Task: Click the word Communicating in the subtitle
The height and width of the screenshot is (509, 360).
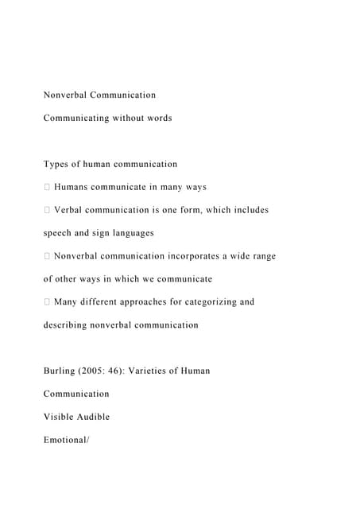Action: point(75,118)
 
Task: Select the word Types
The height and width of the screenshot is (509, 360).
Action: point(56,164)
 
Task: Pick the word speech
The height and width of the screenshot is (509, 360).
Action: point(58,233)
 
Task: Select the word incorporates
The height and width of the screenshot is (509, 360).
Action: point(201,256)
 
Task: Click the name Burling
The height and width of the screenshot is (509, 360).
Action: point(60,371)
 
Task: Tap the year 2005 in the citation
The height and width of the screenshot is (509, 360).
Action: point(98,371)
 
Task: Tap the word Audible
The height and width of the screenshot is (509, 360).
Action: point(93,417)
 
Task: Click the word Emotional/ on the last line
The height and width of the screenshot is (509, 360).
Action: point(68,440)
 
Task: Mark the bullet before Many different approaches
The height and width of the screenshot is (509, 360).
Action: point(47,302)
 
